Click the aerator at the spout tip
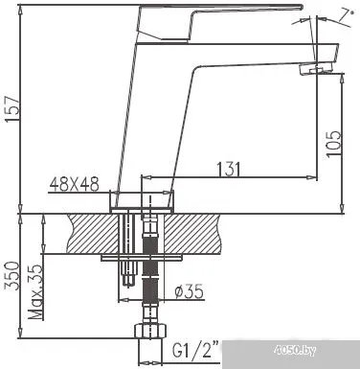point(318,69)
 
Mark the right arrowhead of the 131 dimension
point(314,177)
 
